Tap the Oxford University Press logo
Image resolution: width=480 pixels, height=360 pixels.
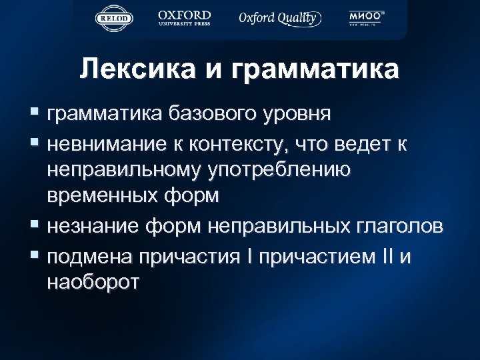click(x=184, y=18)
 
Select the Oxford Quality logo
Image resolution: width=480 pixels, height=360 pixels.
click(x=279, y=18)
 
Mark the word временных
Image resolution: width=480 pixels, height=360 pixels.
click(x=103, y=197)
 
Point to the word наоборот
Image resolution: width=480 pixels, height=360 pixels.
click(x=93, y=282)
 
